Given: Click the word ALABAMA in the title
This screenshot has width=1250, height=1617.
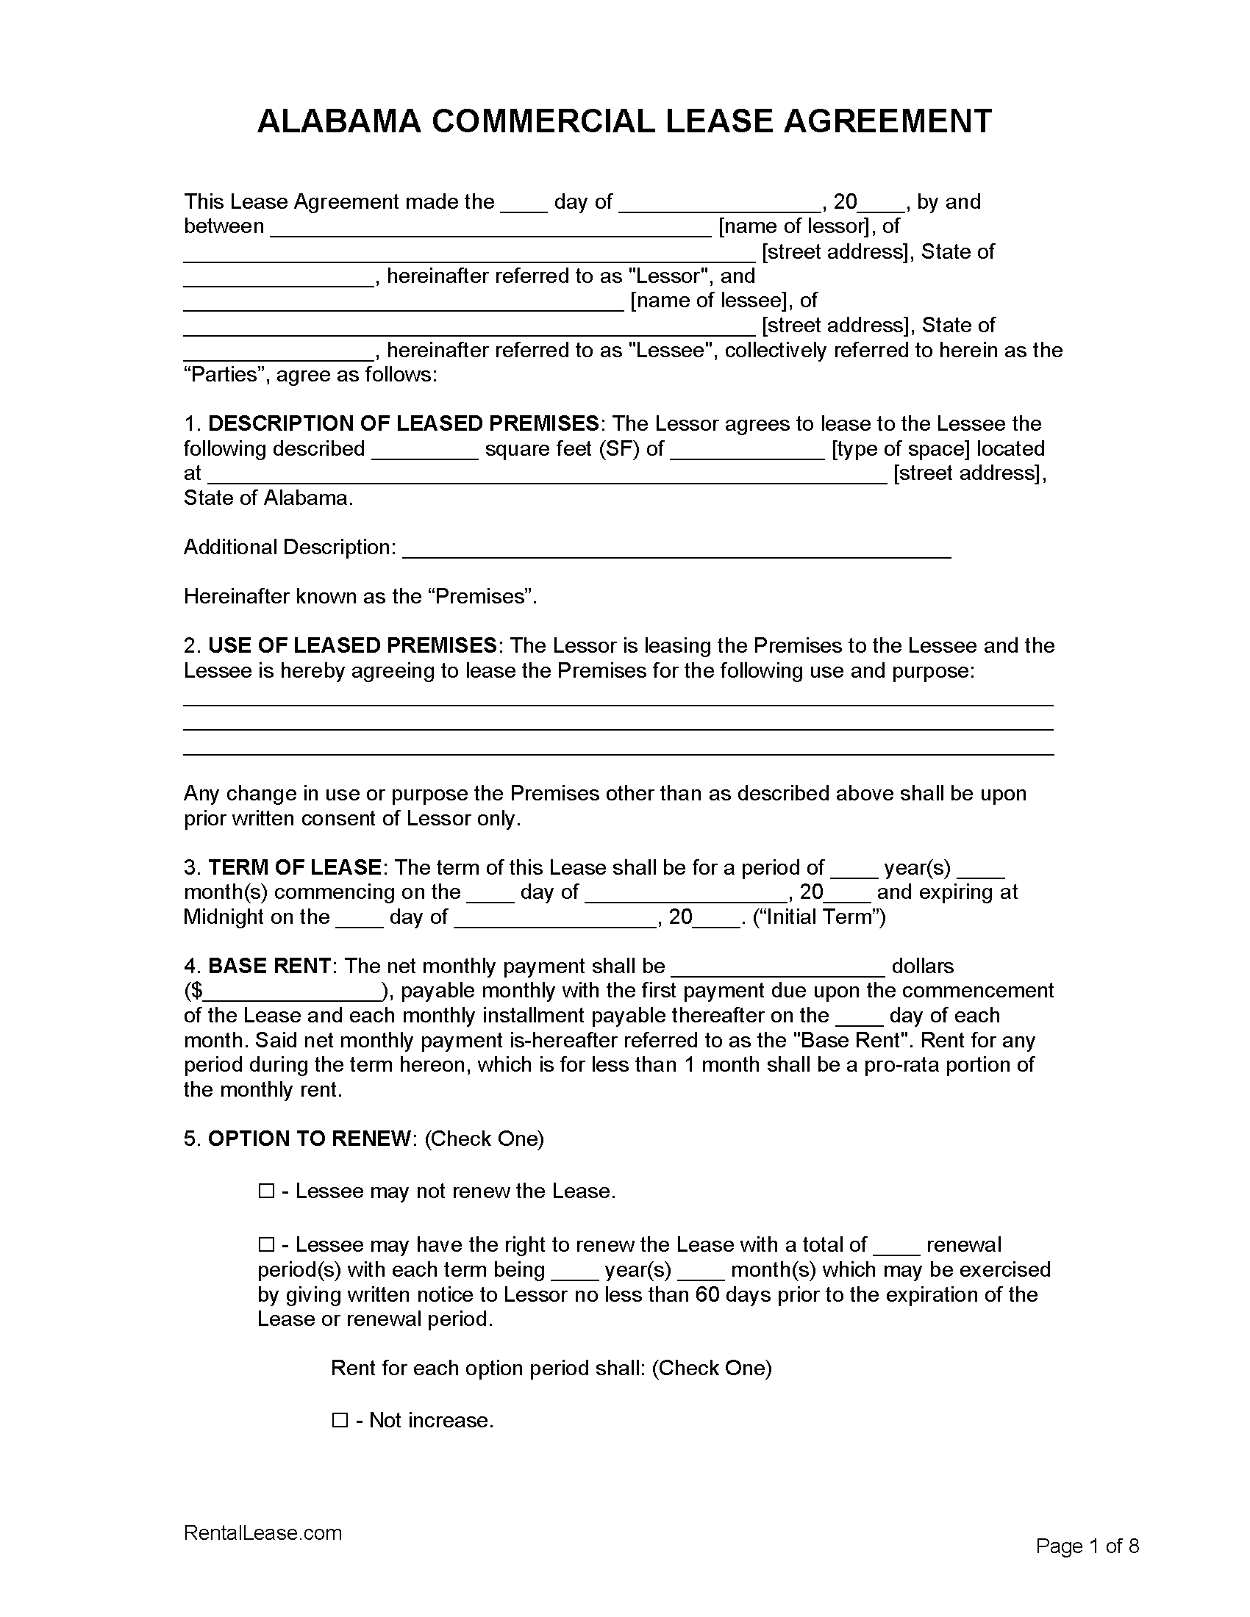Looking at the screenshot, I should [338, 121].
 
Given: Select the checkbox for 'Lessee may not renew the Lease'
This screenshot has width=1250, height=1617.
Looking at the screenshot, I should [266, 1191].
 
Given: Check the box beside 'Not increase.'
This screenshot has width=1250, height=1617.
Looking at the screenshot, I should [340, 1420].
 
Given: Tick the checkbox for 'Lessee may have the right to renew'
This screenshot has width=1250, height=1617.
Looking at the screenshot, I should [266, 1245].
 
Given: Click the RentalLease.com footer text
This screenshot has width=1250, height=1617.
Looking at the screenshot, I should [263, 1532].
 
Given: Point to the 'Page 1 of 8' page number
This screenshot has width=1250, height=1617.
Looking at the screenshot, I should [1086, 1546].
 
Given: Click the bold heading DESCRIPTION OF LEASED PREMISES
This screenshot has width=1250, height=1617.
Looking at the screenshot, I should [403, 423].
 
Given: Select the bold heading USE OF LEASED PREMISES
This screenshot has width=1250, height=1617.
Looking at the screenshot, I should [351, 645].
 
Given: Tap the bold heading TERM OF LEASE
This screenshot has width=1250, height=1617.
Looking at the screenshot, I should [294, 867].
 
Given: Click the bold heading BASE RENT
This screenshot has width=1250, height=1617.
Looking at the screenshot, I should [269, 967].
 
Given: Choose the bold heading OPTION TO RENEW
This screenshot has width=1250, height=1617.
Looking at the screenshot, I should [309, 1139].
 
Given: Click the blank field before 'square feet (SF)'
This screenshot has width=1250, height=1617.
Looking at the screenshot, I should [424, 450].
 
